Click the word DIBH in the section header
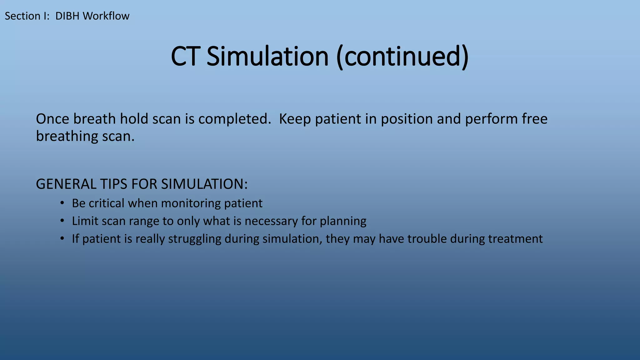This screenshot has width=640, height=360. point(67,16)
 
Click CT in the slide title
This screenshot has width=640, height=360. point(185,57)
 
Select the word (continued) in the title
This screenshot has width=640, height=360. point(402,57)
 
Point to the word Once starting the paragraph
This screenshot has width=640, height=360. point(52,119)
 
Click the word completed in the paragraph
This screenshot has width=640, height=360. point(234,119)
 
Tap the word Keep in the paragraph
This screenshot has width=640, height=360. point(295,119)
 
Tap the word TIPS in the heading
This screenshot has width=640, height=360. point(114,184)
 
